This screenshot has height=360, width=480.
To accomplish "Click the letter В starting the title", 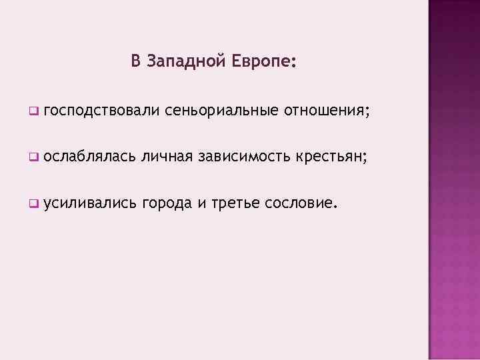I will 135,61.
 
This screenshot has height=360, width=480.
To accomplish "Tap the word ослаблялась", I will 93,157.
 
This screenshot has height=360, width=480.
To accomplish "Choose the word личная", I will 167,157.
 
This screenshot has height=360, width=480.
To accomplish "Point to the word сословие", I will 297,203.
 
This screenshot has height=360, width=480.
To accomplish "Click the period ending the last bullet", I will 330,207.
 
